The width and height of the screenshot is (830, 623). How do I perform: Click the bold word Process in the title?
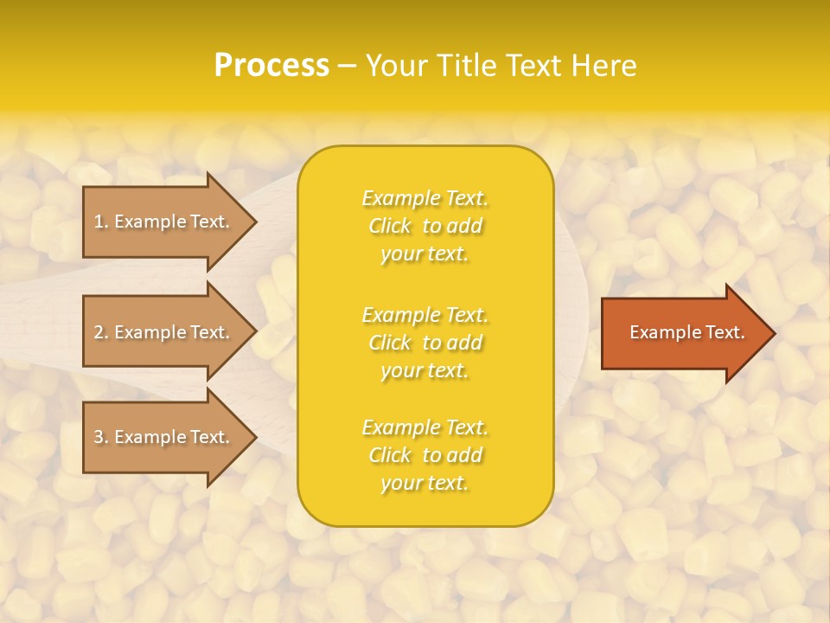[x=271, y=66]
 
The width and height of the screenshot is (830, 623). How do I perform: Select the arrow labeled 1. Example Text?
[x=164, y=222]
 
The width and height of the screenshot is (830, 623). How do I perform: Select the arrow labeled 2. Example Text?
[x=164, y=332]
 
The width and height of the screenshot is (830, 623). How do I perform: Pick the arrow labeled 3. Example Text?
[x=164, y=437]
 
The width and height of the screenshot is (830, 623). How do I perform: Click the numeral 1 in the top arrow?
[x=99, y=222]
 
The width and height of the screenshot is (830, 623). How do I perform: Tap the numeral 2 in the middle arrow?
[x=99, y=332]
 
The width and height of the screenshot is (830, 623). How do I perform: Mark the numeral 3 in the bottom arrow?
[x=99, y=437]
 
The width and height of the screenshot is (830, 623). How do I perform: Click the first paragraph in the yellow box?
[x=425, y=226]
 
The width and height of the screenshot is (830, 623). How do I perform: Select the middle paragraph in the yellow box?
[x=425, y=343]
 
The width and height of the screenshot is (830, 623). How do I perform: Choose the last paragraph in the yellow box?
[x=425, y=455]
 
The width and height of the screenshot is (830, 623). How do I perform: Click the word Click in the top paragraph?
[x=390, y=226]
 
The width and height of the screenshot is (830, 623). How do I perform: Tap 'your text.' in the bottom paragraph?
[x=425, y=483]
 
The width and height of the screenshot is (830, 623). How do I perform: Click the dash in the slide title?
[x=347, y=66]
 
